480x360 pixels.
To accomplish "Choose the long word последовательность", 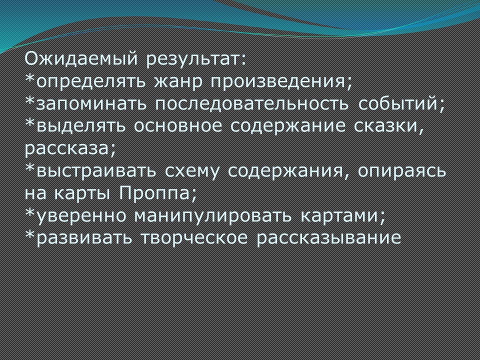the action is [x=251, y=104].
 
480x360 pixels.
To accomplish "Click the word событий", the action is [x=398, y=103].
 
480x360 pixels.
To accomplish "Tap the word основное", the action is [x=177, y=126].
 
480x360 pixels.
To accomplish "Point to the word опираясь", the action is [x=401, y=171].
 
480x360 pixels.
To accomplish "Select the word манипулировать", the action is [x=213, y=216].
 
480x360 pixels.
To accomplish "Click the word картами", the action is [x=339, y=216].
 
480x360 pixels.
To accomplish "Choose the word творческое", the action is [x=194, y=238].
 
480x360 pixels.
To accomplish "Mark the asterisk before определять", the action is [x=30, y=79].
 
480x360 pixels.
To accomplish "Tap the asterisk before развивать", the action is [x=30, y=235].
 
